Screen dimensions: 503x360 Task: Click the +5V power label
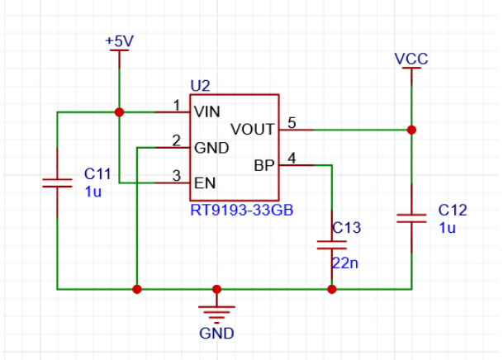[119, 41]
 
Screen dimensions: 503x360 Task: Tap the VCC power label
[411, 59]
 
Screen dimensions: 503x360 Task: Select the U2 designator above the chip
[200, 86]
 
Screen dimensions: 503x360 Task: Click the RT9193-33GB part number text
[242, 211]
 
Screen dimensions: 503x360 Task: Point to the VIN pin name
[207, 111]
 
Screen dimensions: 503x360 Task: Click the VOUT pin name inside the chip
[253, 130]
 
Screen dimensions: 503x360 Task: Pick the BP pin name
[264, 165]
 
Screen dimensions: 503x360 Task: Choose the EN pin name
[205, 183]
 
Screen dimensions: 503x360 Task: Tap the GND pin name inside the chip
[211, 148]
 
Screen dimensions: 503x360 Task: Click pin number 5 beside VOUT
[292, 123]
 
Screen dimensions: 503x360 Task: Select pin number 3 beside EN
[177, 176]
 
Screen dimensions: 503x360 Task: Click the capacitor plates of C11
[58, 183]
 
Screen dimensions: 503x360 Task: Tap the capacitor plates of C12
[411, 219]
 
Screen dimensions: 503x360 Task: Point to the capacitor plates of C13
[332, 245]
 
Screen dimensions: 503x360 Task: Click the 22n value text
[345, 263]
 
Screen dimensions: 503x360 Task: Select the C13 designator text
[347, 228]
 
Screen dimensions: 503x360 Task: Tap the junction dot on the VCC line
[411, 130]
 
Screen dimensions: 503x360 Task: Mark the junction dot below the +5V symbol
[119, 112]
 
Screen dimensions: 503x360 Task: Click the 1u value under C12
[447, 228]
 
